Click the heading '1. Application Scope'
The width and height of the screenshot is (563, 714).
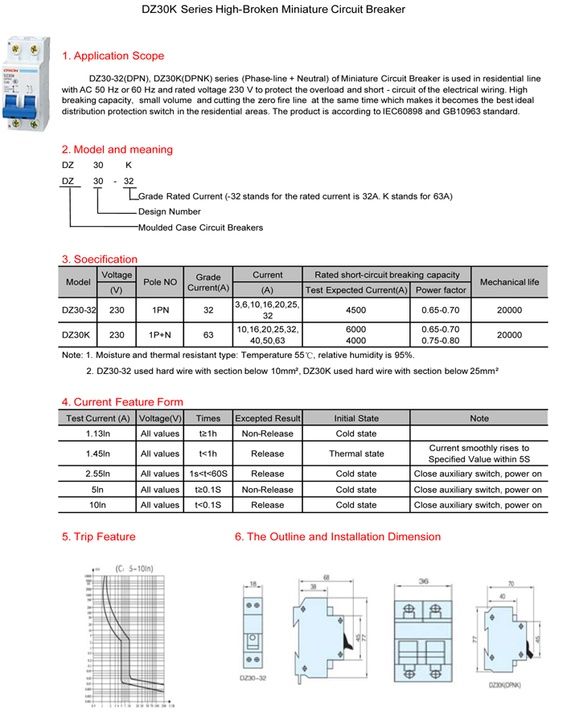(113, 56)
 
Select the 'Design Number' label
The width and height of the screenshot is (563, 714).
(170, 211)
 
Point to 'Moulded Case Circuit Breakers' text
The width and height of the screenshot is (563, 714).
(200, 228)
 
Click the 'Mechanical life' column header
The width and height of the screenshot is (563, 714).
(509, 282)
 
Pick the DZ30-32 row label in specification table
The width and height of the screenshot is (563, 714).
(80, 310)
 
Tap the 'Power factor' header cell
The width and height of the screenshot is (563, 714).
(441, 289)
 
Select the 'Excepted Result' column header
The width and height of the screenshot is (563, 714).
(267, 418)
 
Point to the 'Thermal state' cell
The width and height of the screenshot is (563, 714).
(356, 453)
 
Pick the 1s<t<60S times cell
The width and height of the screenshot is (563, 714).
(208, 474)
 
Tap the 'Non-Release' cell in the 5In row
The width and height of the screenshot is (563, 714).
(267, 490)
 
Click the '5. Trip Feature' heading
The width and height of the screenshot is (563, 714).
(99, 536)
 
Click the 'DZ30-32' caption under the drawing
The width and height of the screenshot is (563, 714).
(254, 678)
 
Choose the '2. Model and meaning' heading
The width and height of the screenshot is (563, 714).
(117, 150)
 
